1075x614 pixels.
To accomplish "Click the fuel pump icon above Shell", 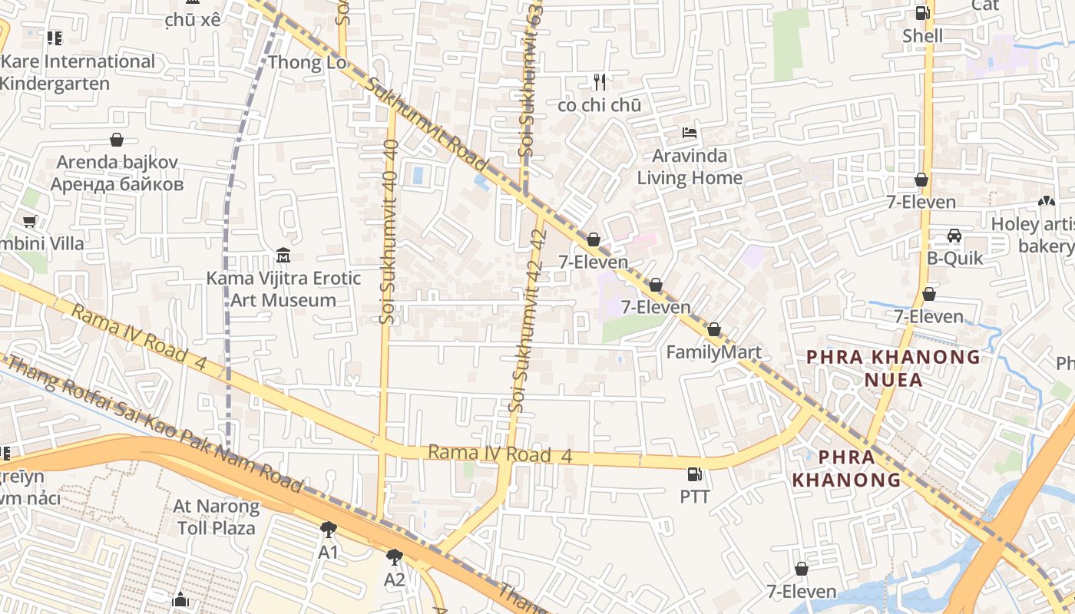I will [922, 12].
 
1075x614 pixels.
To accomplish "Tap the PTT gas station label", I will [695, 497].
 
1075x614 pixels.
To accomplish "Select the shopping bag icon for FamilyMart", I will [714, 329].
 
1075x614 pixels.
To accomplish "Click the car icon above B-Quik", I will [954, 235].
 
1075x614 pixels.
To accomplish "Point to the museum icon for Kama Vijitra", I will [283, 255].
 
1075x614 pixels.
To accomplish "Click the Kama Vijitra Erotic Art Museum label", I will [283, 289].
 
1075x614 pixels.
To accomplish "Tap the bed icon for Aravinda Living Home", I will [690, 133].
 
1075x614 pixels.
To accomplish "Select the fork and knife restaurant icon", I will [600, 81].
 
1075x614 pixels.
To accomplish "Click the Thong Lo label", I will [308, 63].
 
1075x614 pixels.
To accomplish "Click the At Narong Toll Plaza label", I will [217, 517].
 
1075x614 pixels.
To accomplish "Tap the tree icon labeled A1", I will [329, 529].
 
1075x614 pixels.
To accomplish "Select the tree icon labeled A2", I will [395, 556].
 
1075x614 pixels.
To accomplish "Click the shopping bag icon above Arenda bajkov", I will [117, 139].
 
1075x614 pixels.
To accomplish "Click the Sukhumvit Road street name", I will [427, 124].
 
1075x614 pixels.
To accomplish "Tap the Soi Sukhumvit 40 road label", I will [389, 230].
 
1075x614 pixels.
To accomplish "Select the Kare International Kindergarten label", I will [77, 72].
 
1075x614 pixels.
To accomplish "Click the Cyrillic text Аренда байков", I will [117, 184].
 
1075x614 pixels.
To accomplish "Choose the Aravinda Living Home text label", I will [690, 167].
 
